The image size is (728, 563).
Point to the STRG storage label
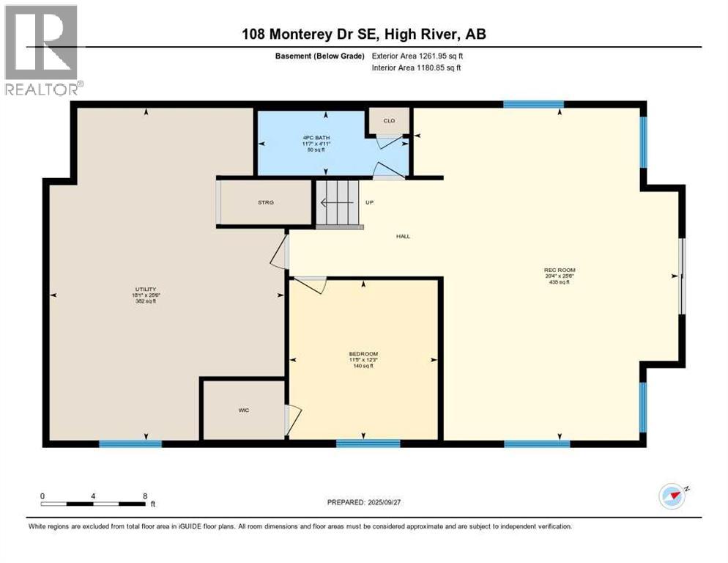[x=265, y=202]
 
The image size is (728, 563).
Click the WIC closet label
[x=244, y=410]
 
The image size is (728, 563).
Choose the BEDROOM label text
[x=363, y=354]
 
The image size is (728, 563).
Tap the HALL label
[x=403, y=236]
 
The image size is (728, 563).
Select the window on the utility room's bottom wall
[x=130, y=444]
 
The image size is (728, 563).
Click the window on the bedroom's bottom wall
[x=368, y=443]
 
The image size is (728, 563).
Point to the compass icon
[x=671, y=496]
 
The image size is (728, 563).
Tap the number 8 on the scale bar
[x=145, y=496]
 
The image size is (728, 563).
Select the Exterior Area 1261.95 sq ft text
[x=417, y=56]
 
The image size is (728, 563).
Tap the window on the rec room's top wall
[x=533, y=104]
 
